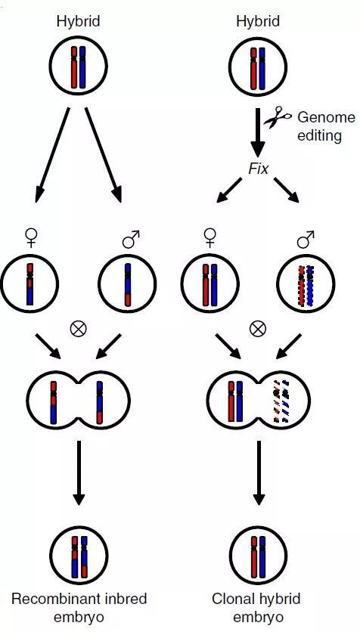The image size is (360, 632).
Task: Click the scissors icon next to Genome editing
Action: tap(278, 117)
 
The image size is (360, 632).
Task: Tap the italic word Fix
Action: tap(258, 169)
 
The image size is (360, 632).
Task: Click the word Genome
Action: tap(327, 117)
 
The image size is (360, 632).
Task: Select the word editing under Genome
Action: tap(319, 135)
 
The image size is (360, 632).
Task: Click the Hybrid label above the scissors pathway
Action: tap(258, 21)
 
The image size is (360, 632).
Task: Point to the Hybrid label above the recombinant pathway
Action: tap(78, 21)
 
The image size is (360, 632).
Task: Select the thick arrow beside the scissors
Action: tap(258, 132)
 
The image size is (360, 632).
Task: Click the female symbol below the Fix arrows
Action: tap(209, 239)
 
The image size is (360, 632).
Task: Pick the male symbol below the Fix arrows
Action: tap(306, 239)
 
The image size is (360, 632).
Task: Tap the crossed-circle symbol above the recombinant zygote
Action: tap(78, 330)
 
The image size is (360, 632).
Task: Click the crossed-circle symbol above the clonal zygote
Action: tap(258, 330)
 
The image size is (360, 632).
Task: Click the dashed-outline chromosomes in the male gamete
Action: tap(306, 285)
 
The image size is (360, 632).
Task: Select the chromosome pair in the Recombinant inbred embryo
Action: tap(79, 556)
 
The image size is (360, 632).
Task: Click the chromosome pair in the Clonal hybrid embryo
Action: tap(258, 556)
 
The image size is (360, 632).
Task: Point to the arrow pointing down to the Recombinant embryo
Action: tap(79, 472)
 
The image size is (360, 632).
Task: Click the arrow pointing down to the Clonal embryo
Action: tap(258, 472)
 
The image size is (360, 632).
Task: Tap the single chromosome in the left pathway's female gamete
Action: tap(30, 284)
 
